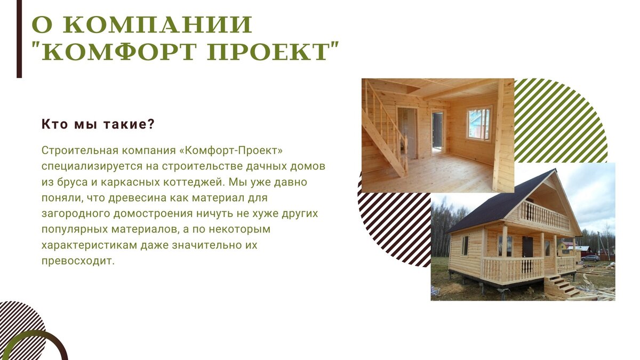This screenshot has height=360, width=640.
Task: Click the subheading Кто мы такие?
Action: point(98,124)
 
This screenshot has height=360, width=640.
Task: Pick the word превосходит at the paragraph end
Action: point(78,261)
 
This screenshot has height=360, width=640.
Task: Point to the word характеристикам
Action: point(89,245)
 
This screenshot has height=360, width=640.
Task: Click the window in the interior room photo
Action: point(479,123)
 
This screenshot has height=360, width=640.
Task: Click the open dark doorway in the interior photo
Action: point(437,130)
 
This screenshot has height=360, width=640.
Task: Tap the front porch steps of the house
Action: point(561,286)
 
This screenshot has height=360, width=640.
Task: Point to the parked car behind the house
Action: point(590,258)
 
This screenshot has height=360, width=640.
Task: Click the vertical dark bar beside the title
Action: point(19,39)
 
